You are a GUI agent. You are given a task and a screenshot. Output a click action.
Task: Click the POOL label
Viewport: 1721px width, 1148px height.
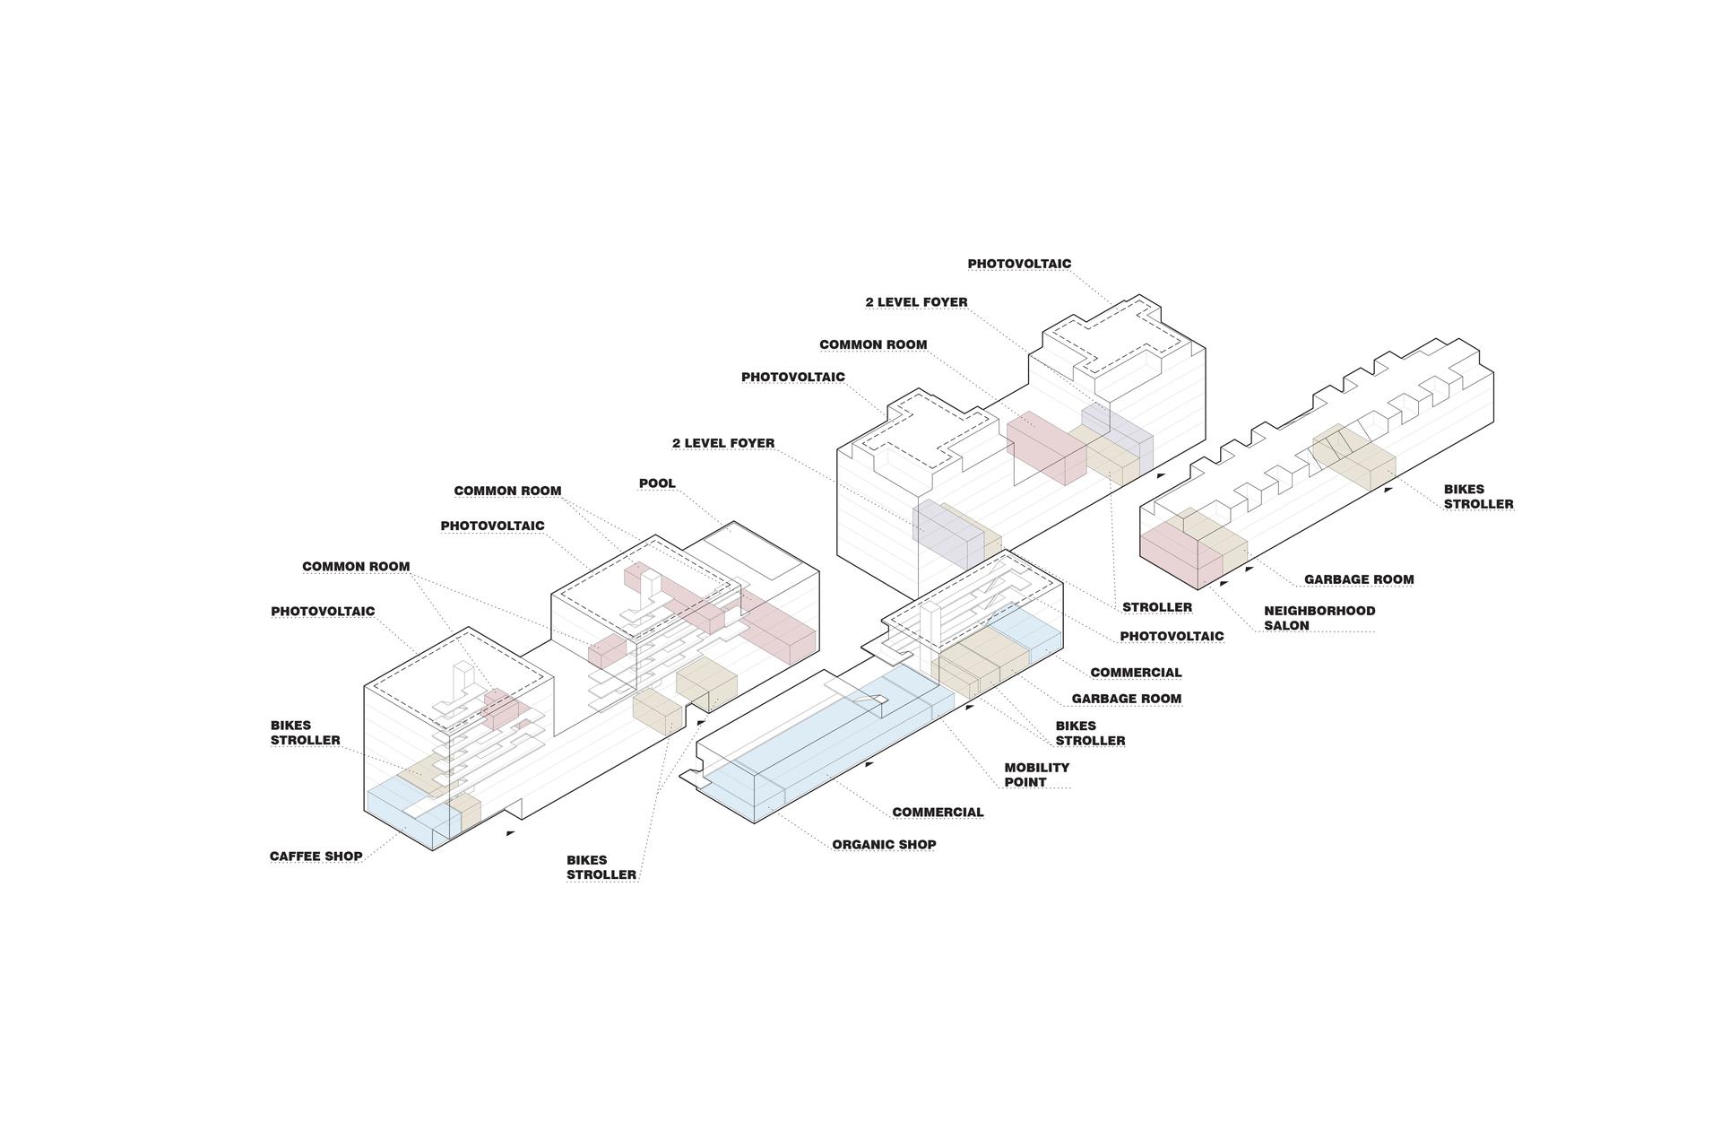(x=657, y=483)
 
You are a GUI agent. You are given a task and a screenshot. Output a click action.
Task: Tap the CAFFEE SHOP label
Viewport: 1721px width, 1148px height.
(x=316, y=857)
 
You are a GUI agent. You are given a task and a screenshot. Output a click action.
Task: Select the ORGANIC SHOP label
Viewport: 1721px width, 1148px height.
(x=884, y=845)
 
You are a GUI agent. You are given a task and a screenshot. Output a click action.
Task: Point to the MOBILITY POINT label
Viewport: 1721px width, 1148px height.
(x=1036, y=775)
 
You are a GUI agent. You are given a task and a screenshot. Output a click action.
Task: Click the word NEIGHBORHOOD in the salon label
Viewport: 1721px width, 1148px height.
(x=1319, y=611)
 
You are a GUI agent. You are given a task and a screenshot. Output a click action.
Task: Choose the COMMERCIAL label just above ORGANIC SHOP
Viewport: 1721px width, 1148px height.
(x=938, y=813)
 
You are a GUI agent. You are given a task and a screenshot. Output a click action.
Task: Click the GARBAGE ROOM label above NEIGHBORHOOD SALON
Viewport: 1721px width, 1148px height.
(x=1359, y=579)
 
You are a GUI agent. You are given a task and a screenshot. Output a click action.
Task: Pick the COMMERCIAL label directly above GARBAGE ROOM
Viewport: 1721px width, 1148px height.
(x=1136, y=673)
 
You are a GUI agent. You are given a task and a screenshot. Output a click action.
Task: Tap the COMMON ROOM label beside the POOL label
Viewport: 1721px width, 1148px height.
(x=507, y=491)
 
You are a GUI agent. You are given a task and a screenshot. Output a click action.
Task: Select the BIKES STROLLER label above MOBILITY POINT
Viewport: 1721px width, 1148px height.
(x=1090, y=734)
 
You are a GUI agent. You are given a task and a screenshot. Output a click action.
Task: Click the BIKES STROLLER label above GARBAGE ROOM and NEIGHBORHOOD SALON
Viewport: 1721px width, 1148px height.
(x=1478, y=497)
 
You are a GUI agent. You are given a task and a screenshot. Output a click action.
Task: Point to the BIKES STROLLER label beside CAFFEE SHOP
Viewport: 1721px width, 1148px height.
(x=306, y=733)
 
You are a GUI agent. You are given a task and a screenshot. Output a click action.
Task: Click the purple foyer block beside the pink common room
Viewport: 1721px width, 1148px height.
(x=1117, y=435)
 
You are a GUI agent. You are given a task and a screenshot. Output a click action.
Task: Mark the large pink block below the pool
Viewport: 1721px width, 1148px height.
(x=778, y=628)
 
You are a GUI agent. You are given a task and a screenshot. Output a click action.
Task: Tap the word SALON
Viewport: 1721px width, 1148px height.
(x=1286, y=626)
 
